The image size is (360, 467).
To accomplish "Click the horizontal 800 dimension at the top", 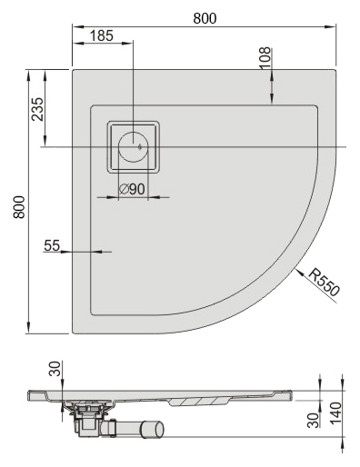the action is coord(205,18).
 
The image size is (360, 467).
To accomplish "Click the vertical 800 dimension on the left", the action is coord(19,207).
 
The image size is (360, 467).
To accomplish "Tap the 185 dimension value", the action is coord(102,35).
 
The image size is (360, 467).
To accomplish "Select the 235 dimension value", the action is coord(37,109).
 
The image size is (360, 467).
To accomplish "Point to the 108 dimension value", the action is coord(265,58).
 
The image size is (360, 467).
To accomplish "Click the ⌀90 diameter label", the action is coord(132,189).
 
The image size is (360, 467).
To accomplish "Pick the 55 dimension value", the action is coord(52,245).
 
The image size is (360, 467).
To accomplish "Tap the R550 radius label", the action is coord(324,283).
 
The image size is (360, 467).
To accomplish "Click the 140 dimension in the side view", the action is coord(335,413).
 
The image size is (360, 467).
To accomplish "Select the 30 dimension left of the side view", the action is coord(55,369).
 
